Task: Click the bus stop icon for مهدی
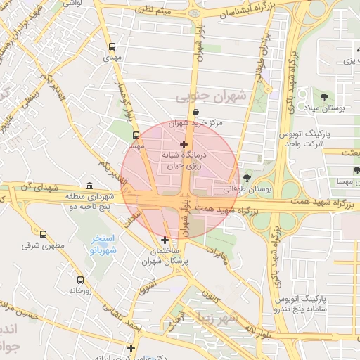pos(112,47)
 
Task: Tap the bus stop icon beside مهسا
pos(136,136)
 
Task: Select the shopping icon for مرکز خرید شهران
pos(195,112)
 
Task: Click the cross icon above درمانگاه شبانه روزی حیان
pos(184,144)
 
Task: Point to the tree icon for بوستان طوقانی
pos(246,178)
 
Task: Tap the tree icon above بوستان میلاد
pos(324,97)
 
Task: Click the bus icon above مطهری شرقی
pos(44,235)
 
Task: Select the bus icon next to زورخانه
pos(80,280)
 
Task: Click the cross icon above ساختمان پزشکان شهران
pos(165,240)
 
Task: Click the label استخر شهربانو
pos(103,244)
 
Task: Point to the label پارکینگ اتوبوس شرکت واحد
pos(329,138)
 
